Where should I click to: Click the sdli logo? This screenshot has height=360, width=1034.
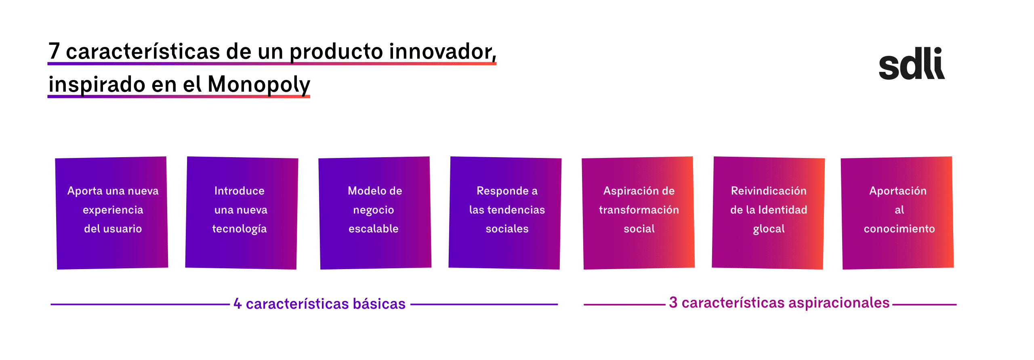(x=912, y=63)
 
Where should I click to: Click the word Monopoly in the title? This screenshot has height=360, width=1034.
(x=258, y=85)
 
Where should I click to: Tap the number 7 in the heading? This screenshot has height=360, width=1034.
(x=54, y=51)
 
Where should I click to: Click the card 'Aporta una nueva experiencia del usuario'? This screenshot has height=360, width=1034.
(x=112, y=213)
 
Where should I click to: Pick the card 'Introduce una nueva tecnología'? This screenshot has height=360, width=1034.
(x=242, y=213)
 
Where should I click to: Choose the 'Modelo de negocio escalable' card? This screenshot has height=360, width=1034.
(x=375, y=213)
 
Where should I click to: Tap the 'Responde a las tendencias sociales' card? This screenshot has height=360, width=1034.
(x=505, y=213)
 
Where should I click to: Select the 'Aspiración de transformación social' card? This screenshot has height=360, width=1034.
(x=639, y=213)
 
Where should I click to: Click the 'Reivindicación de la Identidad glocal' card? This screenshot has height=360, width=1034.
(x=768, y=213)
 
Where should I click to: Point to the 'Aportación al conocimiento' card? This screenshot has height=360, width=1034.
(x=897, y=213)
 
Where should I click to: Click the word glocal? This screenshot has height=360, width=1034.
(x=769, y=229)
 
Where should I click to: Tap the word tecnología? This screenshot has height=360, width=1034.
(x=240, y=229)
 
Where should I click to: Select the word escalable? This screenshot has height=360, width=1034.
(x=374, y=229)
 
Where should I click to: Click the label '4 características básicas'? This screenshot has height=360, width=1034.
(x=319, y=303)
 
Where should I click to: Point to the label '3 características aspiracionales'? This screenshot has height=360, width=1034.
(x=779, y=303)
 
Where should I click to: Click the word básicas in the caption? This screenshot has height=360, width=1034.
(x=379, y=303)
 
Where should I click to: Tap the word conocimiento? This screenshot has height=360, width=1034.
(x=899, y=229)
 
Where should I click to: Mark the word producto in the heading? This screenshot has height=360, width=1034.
(x=336, y=52)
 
